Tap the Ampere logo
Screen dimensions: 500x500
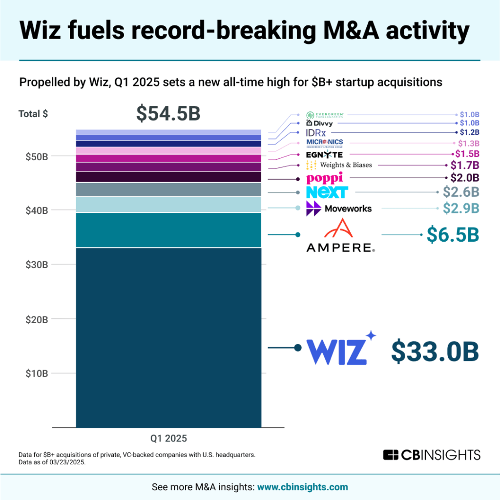point(340,235)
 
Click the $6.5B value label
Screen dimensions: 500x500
point(453,235)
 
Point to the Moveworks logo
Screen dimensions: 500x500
point(339,208)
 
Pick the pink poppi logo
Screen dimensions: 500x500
point(324,178)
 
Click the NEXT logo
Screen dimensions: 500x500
point(327,192)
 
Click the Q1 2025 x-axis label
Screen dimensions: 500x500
point(168,437)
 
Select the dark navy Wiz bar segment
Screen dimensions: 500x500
point(168,337)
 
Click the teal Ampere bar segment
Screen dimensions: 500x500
point(168,230)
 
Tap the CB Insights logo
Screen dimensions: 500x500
point(432,455)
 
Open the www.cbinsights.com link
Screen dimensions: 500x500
point(303,487)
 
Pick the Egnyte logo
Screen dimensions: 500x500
point(324,155)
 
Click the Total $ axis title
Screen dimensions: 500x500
point(33,114)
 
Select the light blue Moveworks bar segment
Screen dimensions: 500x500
point(168,205)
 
